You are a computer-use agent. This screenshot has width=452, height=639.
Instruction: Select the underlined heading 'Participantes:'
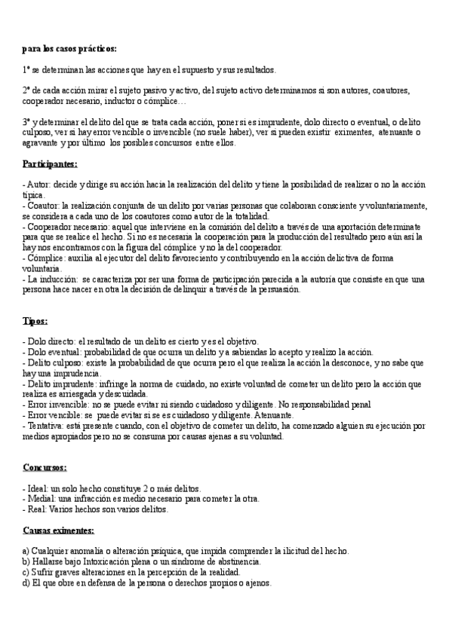50,164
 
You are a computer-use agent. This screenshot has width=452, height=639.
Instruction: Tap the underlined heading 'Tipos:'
35,322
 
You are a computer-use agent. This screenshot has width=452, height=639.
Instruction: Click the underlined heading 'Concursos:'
45,468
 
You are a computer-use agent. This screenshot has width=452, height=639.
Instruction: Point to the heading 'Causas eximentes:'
58,530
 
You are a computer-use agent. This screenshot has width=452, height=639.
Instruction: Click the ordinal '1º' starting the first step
28,69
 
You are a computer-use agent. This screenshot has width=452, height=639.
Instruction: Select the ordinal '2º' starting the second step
28,90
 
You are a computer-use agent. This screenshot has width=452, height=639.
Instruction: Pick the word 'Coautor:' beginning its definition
43,205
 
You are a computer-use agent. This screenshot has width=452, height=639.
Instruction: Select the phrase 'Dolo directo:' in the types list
51,342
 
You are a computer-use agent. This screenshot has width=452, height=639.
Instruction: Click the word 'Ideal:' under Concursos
38,489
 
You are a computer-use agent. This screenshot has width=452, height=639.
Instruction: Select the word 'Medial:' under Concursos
41,499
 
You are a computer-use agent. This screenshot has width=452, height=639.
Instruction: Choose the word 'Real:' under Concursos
36,509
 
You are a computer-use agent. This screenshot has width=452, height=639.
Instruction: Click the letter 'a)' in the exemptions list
26,552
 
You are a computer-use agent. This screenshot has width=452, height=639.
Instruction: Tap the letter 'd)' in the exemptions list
26,583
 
